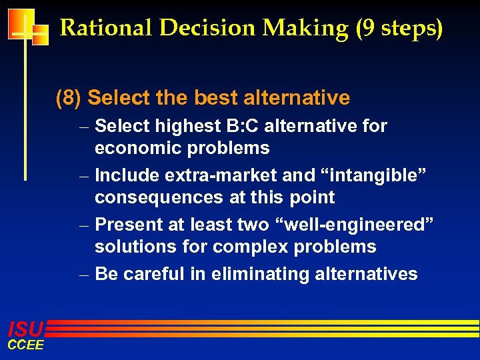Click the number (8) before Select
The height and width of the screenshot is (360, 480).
(x=69, y=98)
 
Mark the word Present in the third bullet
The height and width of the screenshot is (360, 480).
(x=127, y=225)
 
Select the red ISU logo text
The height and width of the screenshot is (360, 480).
(x=25, y=329)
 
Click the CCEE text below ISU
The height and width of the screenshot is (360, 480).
(x=25, y=345)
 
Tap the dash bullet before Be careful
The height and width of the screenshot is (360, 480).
(x=85, y=275)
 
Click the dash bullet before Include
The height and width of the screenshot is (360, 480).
(x=85, y=176)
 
